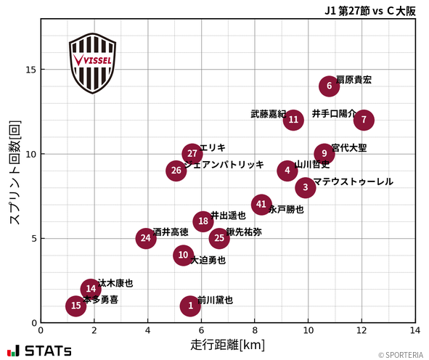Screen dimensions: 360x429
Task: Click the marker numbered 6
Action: pyautogui.click(x=330, y=86)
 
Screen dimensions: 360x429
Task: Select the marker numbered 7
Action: pyautogui.click(x=364, y=120)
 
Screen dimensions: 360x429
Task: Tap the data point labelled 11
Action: pyautogui.click(x=293, y=120)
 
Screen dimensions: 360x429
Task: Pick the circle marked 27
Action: pyautogui.click(x=192, y=153)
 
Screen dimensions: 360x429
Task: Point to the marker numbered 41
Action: pyautogui.click(x=261, y=204)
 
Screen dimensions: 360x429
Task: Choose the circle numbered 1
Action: pyautogui.click(x=190, y=306)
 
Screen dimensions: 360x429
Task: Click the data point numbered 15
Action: pyautogui.click(x=76, y=306)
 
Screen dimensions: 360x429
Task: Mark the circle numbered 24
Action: pyautogui.click(x=146, y=238)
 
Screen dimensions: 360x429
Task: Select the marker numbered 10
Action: pyautogui.click(x=183, y=255)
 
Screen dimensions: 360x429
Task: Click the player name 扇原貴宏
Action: pyautogui.click(x=354, y=80)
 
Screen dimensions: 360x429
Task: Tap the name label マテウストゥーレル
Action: pyautogui.click(x=353, y=181)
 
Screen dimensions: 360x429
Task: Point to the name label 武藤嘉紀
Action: pyautogui.click(x=269, y=114)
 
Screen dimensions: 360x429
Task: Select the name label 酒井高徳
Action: pyautogui.click(x=171, y=232)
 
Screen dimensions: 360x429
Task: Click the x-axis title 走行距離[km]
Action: pyautogui.click(x=227, y=343)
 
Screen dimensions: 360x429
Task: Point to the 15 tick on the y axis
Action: pyautogui.click(x=31, y=70)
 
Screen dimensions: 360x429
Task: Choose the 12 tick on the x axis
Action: pyautogui.click(x=361, y=330)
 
